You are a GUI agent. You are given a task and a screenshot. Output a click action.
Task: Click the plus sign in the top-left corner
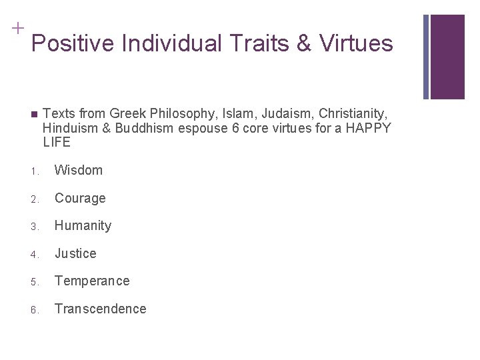tap(17, 28)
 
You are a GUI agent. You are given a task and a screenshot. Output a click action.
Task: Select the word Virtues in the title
tap(357, 44)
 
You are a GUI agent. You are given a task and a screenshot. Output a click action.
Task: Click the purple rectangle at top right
tap(447, 57)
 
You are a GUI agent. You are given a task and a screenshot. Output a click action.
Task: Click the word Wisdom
tap(79, 170)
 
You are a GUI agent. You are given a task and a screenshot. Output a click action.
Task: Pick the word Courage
tap(80, 198)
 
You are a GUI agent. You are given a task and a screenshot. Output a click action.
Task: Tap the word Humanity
tap(83, 225)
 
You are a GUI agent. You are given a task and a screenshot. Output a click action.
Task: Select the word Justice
tap(75, 253)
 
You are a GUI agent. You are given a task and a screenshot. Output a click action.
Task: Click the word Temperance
tap(92, 281)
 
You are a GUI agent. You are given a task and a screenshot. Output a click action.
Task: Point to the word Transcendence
tap(100, 309)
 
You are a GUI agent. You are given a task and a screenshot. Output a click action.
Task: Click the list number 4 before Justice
tap(33, 254)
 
